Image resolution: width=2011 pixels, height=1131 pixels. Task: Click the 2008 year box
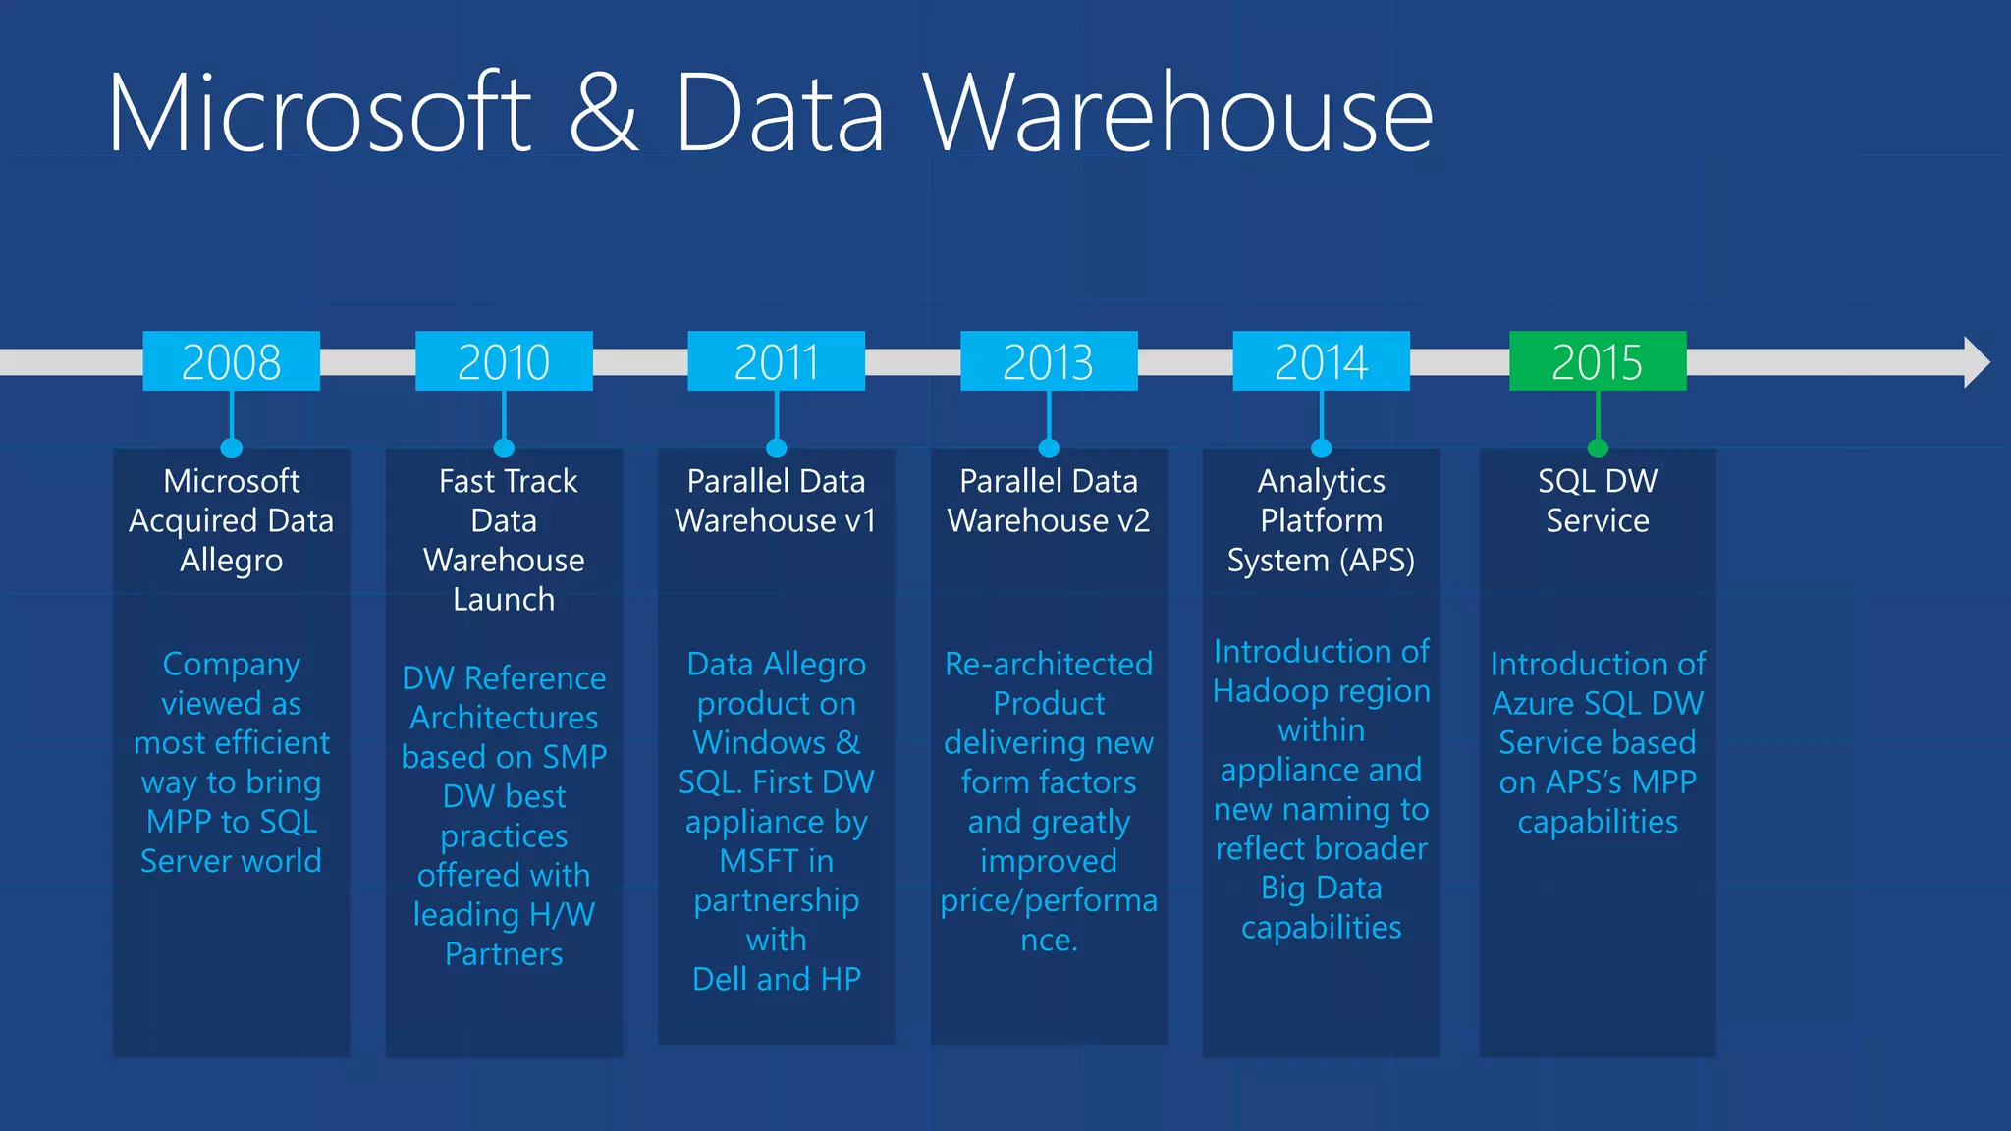(x=231, y=361)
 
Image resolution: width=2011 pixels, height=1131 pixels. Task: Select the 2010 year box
(x=504, y=361)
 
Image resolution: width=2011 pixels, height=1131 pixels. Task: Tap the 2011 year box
(x=776, y=361)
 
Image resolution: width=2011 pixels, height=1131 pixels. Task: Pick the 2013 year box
(x=1049, y=361)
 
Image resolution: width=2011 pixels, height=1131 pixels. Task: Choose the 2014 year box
(x=1321, y=361)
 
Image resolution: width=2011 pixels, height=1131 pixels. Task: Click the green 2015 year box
(x=1598, y=361)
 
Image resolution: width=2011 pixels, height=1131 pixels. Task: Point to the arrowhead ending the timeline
(x=1976, y=362)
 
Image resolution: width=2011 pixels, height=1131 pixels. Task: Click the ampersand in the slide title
(x=603, y=113)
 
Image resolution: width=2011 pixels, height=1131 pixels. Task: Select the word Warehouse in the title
(x=1177, y=113)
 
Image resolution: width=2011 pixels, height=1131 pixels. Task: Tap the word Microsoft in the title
(x=320, y=113)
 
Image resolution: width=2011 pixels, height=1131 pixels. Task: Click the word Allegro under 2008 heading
(x=231, y=561)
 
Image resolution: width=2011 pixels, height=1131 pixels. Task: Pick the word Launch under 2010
(x=504, y=600)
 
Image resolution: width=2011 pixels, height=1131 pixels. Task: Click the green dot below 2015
(x=1598, y=448)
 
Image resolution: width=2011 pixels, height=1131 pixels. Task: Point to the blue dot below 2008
(x=232, y=448)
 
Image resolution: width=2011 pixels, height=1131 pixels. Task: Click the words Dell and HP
(x=776, y=979)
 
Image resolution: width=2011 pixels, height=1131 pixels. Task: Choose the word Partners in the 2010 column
(x=504, y=954)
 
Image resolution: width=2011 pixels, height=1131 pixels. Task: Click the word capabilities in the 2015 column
(x=1598, y=822)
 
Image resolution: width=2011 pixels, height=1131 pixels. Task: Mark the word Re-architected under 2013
(x=1049, y=665)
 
